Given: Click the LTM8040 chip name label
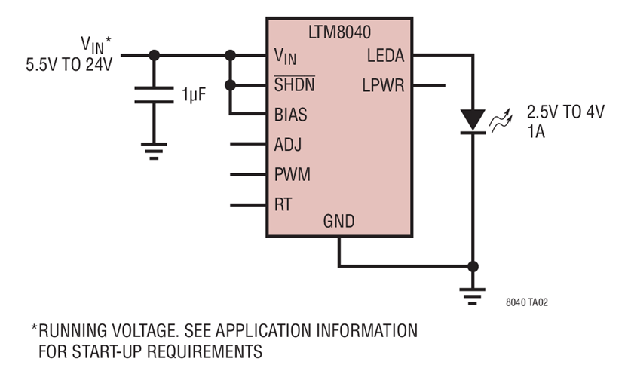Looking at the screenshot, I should click(339, 32).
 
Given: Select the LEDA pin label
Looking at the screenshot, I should click(385, 55).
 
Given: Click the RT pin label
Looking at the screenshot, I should click(283, 204).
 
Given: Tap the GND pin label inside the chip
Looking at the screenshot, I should click(338, 222).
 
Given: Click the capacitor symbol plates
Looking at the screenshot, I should click(155, 97).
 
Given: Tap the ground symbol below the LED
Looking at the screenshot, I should click(473, 296).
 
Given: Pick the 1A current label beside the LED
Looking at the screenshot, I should click(536, 130).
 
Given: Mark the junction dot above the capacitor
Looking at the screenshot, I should click(155, 55).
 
